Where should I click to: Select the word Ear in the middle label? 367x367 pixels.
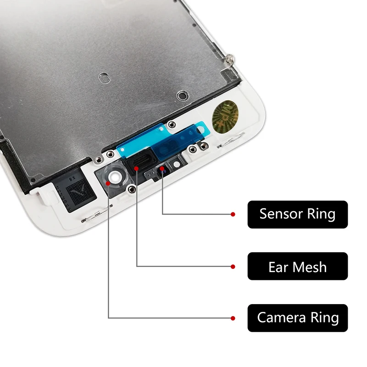tap(278, 267)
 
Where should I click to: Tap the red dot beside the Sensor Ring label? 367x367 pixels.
tap(233, 214)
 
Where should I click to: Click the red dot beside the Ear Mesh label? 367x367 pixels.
tap(233, 266)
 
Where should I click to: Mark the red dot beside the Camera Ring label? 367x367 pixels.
tap(233, 318)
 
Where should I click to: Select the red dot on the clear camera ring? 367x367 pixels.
tap(107, 182)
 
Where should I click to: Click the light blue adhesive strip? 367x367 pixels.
tap(138, 145)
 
